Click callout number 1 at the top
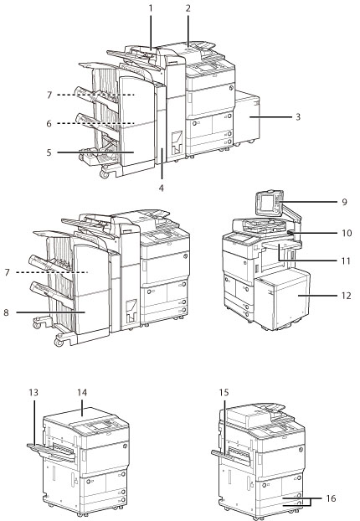pyautogui.click(x=151, y=8)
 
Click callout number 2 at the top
pyautogui.click(x=188, y=8)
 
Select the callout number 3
pyautogui.click(x=298, y=117)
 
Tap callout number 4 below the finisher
pyautogui.click(x=162, y=188)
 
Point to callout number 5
pyautogui.click(x=49, y=152)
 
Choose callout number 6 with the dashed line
pyautogui.click(x=49, y=124)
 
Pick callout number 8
pyautogui.click(x=7, y=312)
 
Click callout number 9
pyautogui.click(x=344, y=202)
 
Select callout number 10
pyautogui.click(x=347, y=233)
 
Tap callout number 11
pyautogui.click(x=347, y=260)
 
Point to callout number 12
pyautogui.click(x=347, y=296)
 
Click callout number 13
pyautogui.click(x=33, y=393)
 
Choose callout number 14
pyautogui.click(x=82, y=393)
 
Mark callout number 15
pyautogui.click(x=224, y=393)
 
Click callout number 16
pyautogui.click(x=331, y=498)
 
